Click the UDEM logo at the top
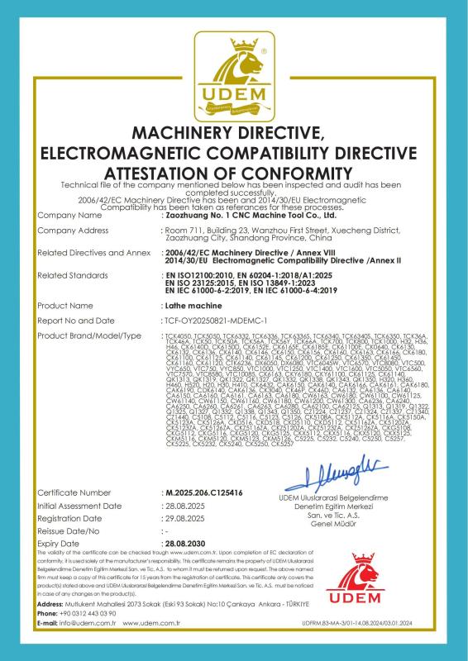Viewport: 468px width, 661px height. [234, 70]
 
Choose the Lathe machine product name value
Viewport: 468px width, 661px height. [186, 305]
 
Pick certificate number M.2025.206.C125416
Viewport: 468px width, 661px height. [203, 492]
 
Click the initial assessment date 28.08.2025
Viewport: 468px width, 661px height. [184, 505]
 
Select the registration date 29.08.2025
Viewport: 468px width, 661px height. [184, 518]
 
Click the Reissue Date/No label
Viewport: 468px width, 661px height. [69, 531]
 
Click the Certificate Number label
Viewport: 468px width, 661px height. [74, 492]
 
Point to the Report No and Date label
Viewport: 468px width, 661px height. [76, 319]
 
